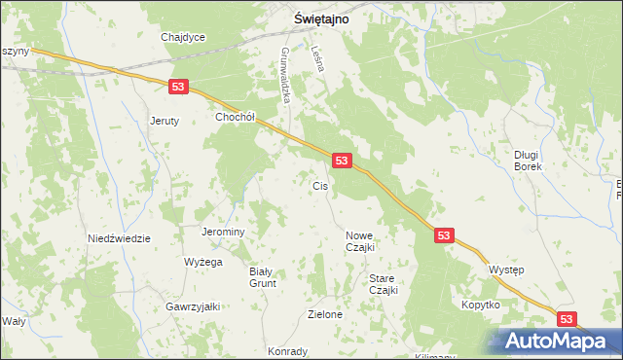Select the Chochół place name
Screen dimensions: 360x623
pyautogui.click(x=235, y=117)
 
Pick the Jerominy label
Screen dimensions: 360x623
pyautogui.click(x=222, y=233)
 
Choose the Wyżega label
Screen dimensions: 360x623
pyautogui.click(x=203, y=262)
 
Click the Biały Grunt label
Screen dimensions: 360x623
pyautogui.click(x=263, y=277)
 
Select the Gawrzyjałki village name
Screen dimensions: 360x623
pyautogui.click(x=193, y=306)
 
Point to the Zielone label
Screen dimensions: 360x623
pyautogui.click(x=325, y=314)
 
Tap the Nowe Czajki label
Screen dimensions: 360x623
pyautogui.click(x=359, y=241)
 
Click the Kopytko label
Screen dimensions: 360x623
pyautogui.click(x=481, y=305)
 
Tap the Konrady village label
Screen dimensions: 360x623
pyautogui.click(x=287, y=351)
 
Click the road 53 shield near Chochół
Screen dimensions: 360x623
pyautogui.click(x=177, y=87)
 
